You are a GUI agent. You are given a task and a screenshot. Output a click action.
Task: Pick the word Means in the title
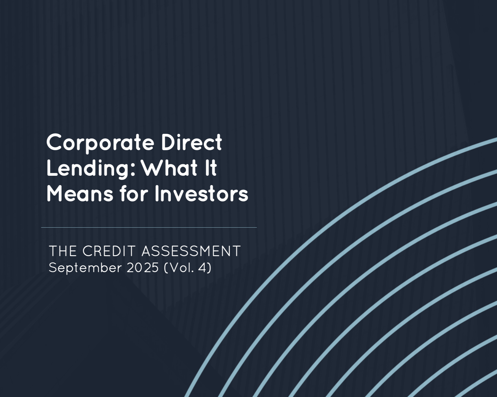point(80,194)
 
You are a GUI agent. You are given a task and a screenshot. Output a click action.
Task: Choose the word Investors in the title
point(201,194)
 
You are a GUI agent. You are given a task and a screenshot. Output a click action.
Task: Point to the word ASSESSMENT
point(191,251)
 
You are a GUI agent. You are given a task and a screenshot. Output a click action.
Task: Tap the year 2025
point(143,268)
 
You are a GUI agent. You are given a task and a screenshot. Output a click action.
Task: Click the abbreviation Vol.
point(181,268)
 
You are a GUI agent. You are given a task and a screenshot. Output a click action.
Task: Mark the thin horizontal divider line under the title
point(149,228)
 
